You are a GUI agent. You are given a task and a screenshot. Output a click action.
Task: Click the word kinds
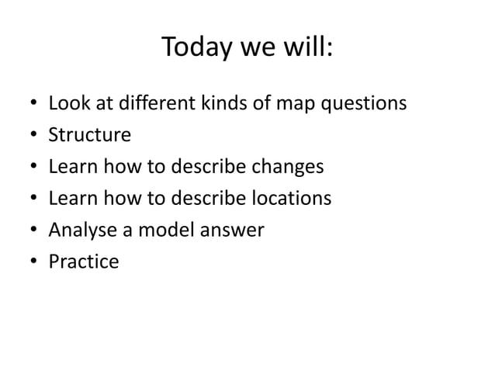[209, 104]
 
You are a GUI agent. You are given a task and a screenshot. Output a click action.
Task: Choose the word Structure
[89, 136]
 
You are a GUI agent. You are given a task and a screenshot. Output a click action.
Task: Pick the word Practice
[84, 262]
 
